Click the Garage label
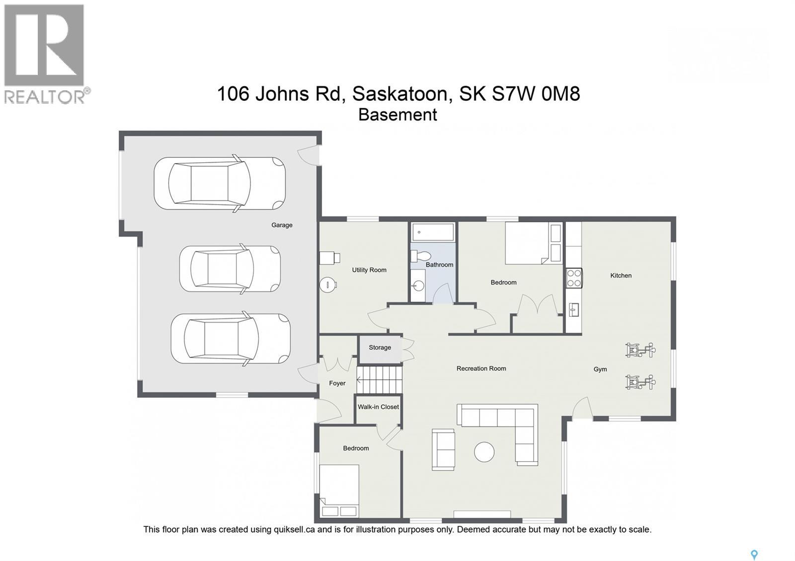coord(282,225)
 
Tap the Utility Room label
coord(369,270)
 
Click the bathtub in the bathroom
coord(433,232)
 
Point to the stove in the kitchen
coord(574,278)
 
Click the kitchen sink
coord(574,310)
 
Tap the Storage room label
coord(380,348)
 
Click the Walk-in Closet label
coord(378,407)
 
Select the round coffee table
coord(484,452)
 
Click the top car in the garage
coord(220,183)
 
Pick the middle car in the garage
coord(230,269)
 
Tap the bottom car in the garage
coord(230,339)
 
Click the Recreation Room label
coord(481,368)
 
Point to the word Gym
coord(600,369)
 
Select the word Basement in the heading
coord(397,115)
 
